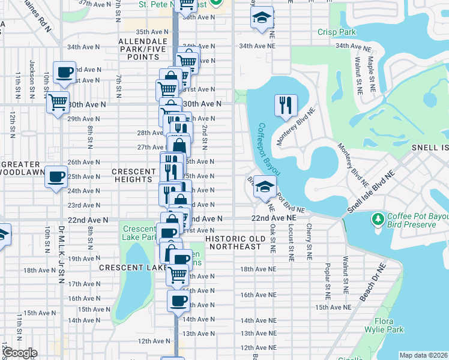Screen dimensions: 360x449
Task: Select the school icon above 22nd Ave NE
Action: click(x=264, y=186)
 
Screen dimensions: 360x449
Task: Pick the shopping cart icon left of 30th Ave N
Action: click(x=58, y=103)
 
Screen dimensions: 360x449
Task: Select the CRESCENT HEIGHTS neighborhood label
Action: click(x=133, y=175)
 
